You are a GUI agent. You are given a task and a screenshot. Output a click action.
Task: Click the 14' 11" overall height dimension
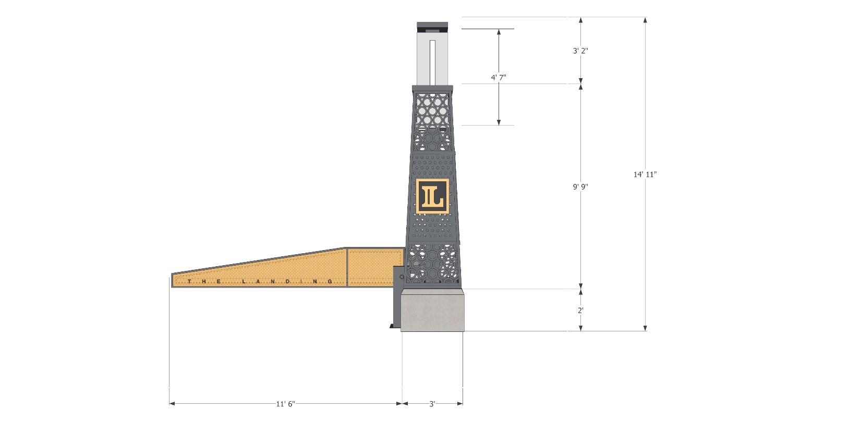pyautogui.click(x=645, y=175)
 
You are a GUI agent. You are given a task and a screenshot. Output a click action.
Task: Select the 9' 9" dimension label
pyautogui.click(x=580, y=186)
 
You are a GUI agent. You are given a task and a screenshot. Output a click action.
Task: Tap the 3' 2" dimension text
pyautogui.click(x=580, y=51)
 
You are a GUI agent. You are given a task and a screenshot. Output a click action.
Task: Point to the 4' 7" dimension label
pyautogui.click(x=499, y=78)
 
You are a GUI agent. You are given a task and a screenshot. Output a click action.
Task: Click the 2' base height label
pyautogui.click(x=580, y=310)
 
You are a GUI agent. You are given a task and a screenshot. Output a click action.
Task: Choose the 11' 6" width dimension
pyautogui.click(x=285, y=404)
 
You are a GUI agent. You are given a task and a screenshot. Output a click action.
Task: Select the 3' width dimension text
pyautogui.click(x=432, y=404)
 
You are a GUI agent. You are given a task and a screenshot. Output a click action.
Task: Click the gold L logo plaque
pyautogui.click(x=432, y=196)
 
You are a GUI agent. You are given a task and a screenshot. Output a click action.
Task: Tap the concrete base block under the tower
pyautogui.click(x=432, y=311)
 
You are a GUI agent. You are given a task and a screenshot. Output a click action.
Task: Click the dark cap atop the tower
pyautogui.click(x=432, y=26)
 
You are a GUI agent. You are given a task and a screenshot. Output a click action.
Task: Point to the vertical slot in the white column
pyautogui.click(x=432, y=60)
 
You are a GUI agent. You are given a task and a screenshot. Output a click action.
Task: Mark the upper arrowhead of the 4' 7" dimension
pyautogui.click(x=499, y=32)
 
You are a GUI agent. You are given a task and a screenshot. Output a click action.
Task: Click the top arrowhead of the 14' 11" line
pyautogui.click(x=645, y=20)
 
